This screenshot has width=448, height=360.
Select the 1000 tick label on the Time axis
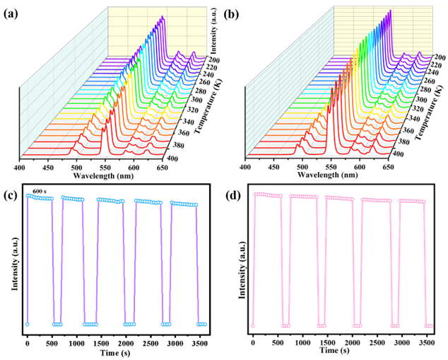tap(302, 342)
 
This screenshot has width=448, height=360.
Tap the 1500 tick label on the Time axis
tap(328, 342)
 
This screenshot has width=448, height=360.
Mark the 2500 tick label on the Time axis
tap(377, 342)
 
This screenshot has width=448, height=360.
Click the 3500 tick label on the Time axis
tap(427, 342)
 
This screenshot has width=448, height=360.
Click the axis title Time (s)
tap(334, 350)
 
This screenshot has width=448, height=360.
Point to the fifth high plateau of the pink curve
tap(413, 202)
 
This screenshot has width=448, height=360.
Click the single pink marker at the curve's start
tap(253, 325)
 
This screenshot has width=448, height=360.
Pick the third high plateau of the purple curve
tap(110, 201)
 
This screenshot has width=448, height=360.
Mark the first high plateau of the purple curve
tap(40, 197)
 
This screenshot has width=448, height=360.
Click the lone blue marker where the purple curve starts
tap(27, 324)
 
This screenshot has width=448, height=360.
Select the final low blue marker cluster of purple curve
tap(201, 324)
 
